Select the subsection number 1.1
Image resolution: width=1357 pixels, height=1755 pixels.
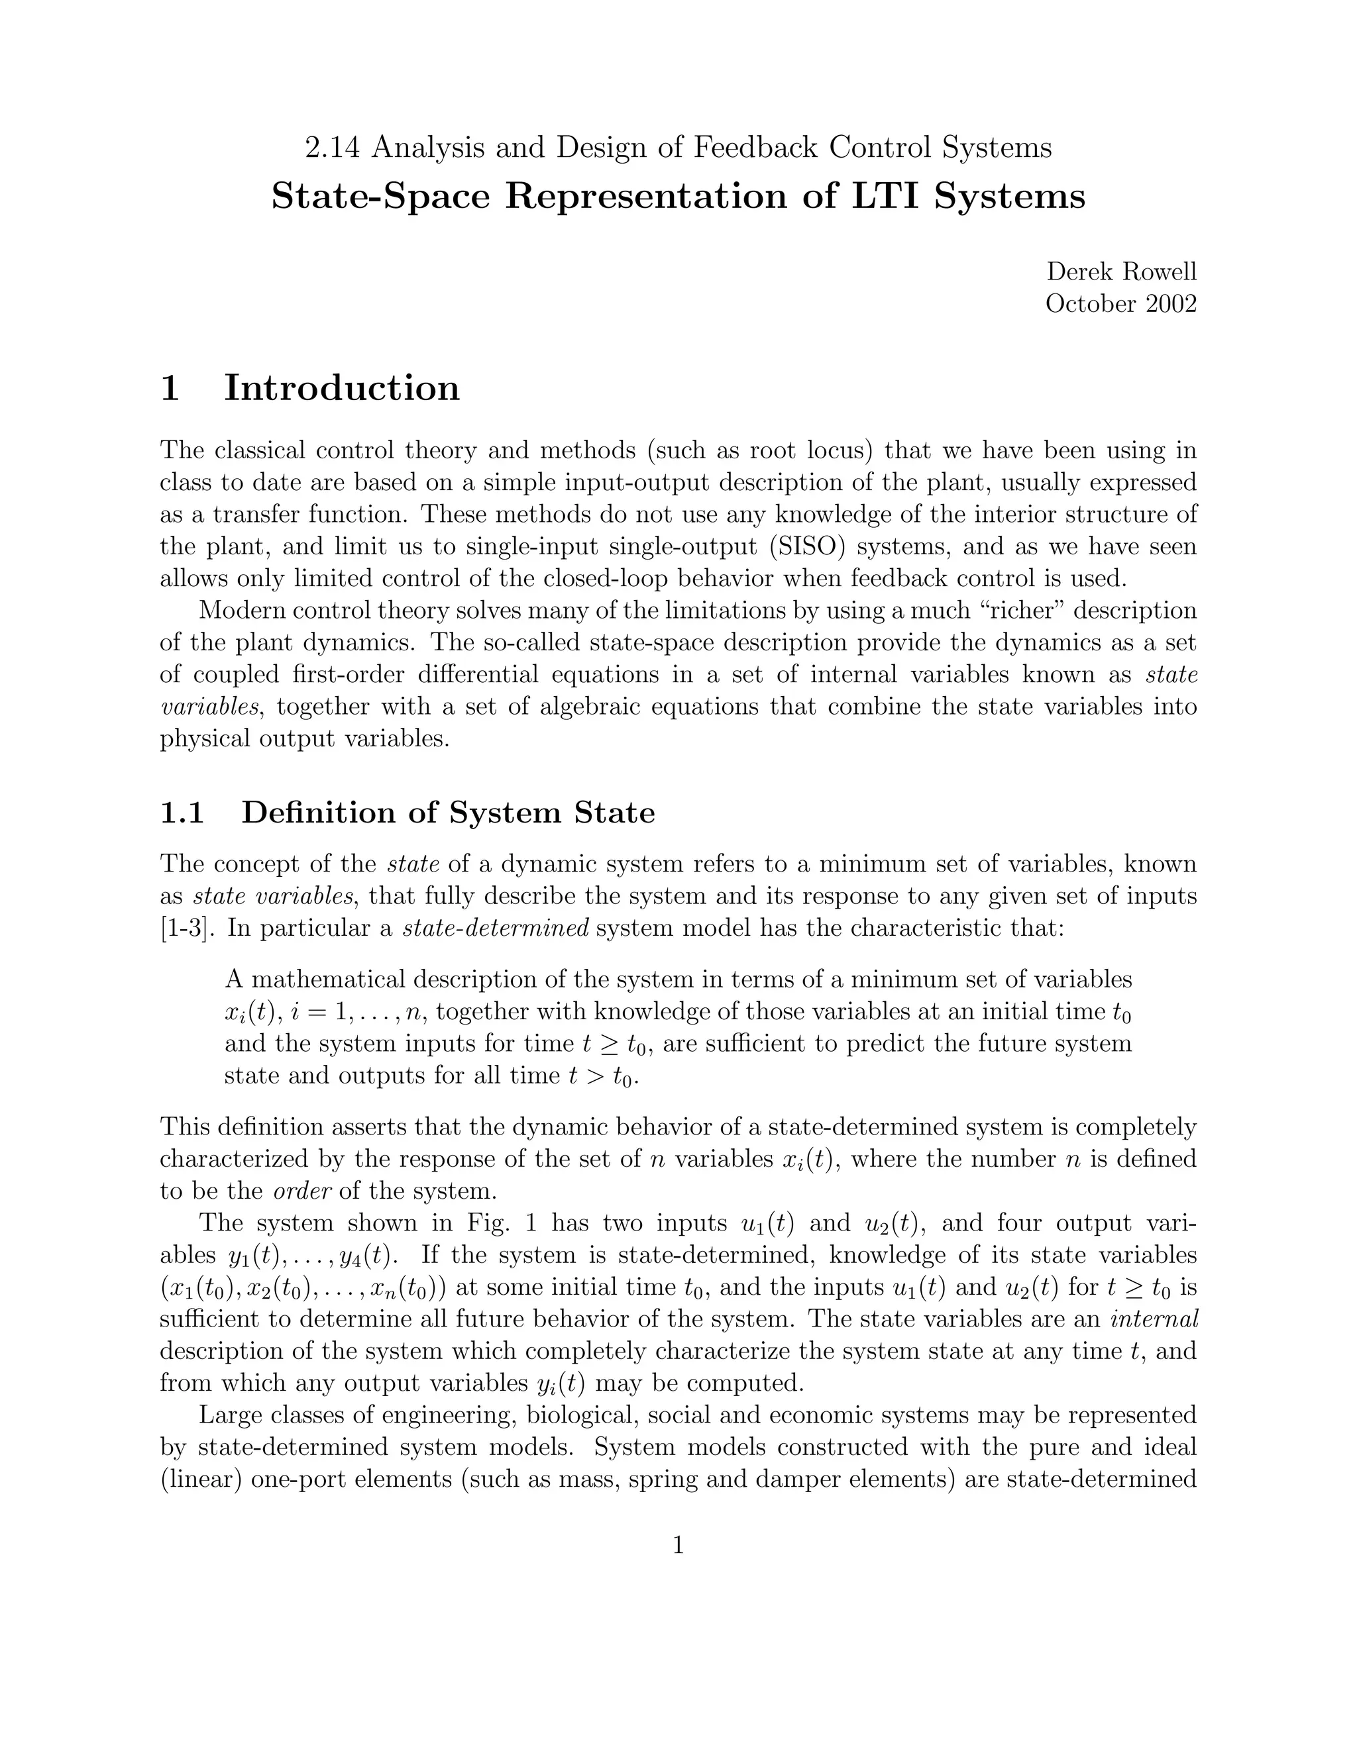[x=182, y=813]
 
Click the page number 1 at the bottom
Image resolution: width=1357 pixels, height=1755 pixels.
[x=678, y=1545]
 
